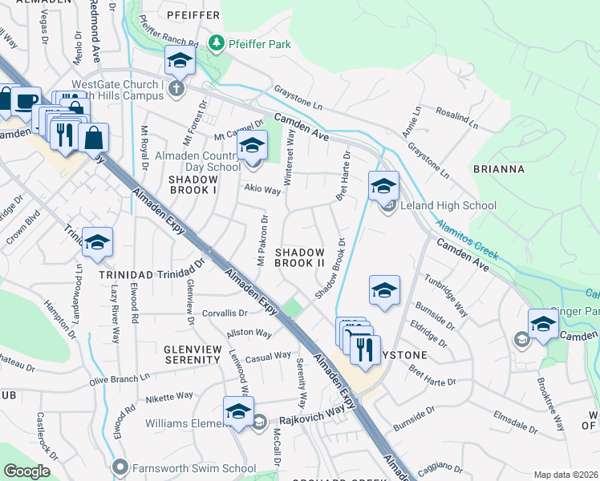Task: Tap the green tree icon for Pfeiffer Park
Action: pyautogui.click(x=216, y=42)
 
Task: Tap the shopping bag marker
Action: pyautogui.click(x=94, y=137)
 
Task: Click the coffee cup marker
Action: pyautogui.click(x=26, y=101)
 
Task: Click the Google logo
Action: pyautogui.click(x=26, y=471)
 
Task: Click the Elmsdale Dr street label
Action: pyautogui.click(x=498, y=418)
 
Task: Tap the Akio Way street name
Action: pyautogui.click(x=262, y=191)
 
